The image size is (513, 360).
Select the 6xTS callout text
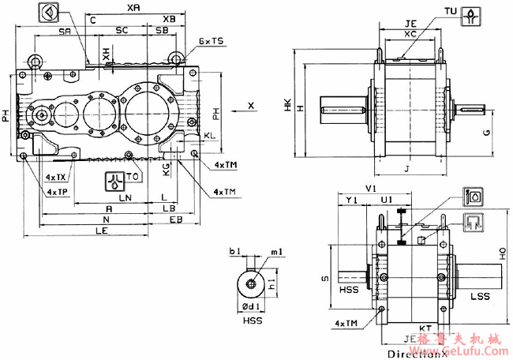pyautogui.click(x=211, y=40)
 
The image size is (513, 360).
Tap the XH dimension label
pyautogui.click(x=106, y=54)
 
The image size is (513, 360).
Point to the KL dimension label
pyautogui.click(x=209, y=136)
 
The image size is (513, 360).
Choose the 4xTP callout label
pyautogui.click(x=56, y=192)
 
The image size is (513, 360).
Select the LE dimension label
pyautogui.click(x=102, y=231)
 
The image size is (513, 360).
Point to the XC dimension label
pyautogui.click(x=410, y=34)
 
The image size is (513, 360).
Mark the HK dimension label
pyautogui.click(x=288, y=103)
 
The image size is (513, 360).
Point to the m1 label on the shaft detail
pyautogui.click(x=276, y=251)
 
